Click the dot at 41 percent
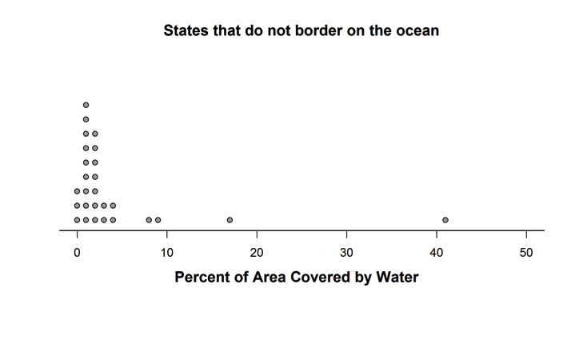(x=445, y=219)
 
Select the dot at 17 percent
(x=230, y=219)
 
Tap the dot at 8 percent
(x=149, y=219)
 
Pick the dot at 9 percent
(x=158, y=219)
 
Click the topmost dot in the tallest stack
(x=86, y=105)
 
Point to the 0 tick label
(x=77, y=252)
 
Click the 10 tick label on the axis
(x=166, y=252)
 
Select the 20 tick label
(x=257, y=252)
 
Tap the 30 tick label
(x=346, y=252)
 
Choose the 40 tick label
(x=436, y=252)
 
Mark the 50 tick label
(x=526, y=252)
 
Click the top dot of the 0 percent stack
(x=77, y=191)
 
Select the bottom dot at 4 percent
(x=113, y=219)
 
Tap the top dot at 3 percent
(x=104, y=206)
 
